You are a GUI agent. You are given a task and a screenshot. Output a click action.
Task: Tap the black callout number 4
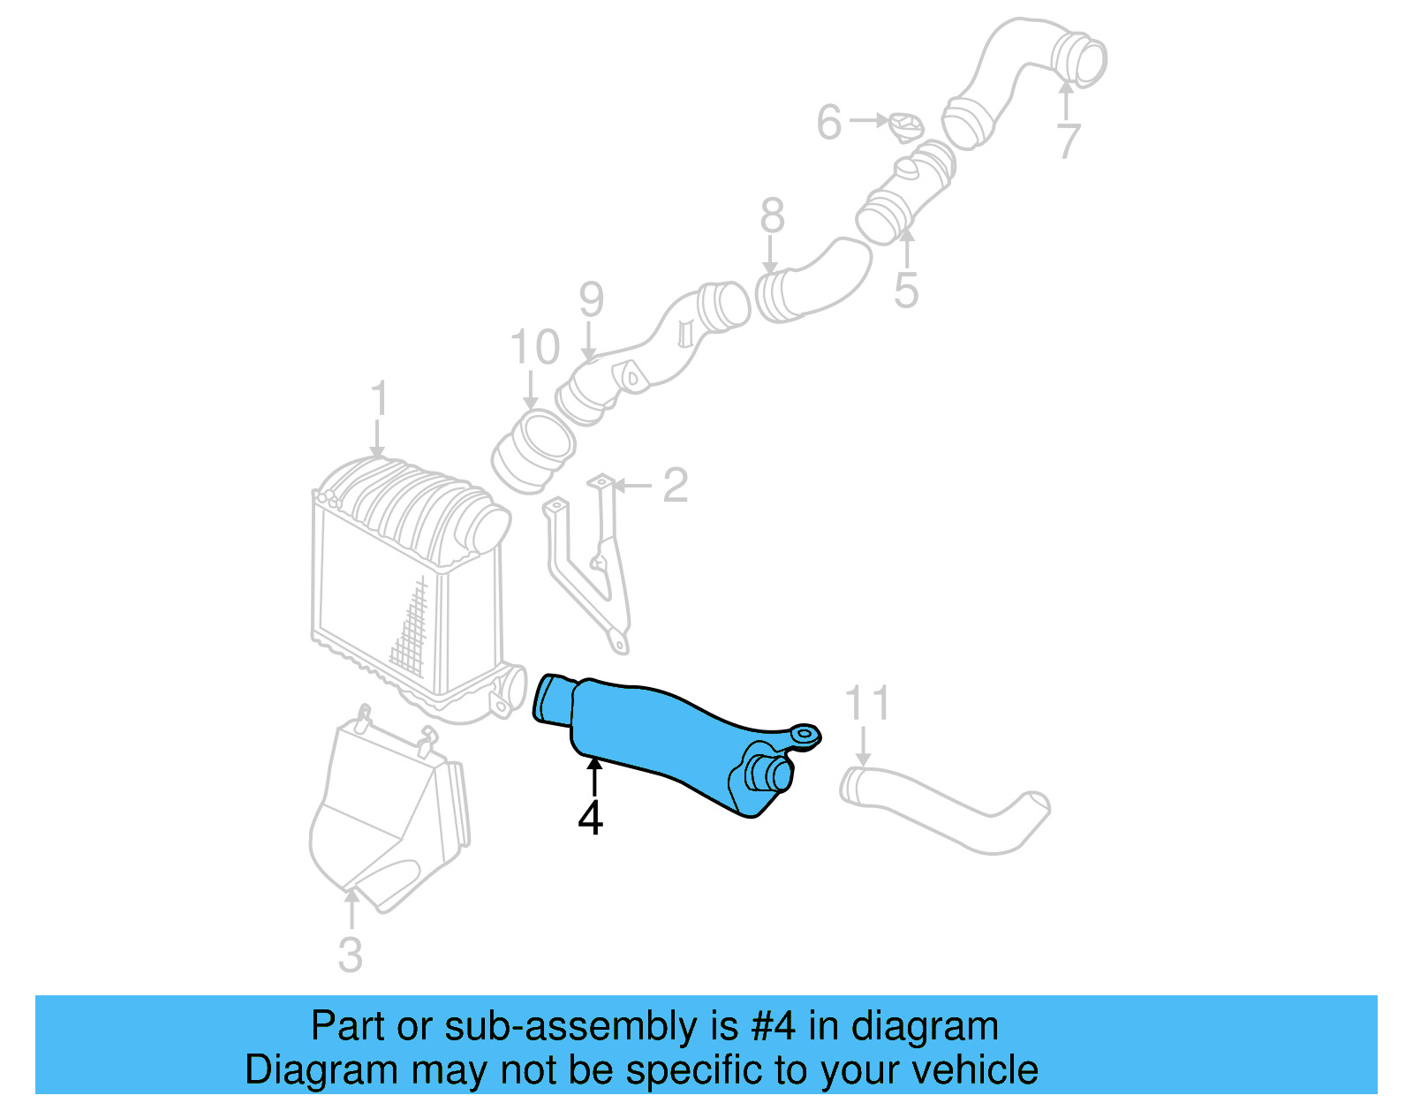pyautogui.click(x=590, y=817)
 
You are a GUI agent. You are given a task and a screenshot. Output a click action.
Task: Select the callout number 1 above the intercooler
pyautogui.click(x=379, y=399)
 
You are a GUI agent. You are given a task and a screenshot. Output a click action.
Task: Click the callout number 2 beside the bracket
pyautogui.click(x=675, y=486)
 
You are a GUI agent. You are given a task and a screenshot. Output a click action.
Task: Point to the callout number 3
pyautogui.click(x=351, y=955)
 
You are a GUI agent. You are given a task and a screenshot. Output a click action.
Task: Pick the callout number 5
pyautogui.click(x=906, y=291)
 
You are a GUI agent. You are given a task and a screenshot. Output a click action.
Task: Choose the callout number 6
pyautogui.click(x=828, y=122)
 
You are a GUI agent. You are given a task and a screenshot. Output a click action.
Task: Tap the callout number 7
pyautogui.click(x=1069, y=141)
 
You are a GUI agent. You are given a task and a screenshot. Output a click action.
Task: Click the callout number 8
pyautogui.click(x=772, y=216)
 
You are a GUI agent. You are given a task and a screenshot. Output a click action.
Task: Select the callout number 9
pyautogui.click(x=591, y=300)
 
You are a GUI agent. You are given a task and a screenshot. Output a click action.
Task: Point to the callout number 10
pyautogui.click(x=535, y=347)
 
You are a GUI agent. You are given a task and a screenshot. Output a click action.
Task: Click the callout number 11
pyautogui.click(x=867, y=704)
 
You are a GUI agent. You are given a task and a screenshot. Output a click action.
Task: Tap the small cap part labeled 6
pyautogui.click(x=906, y=127)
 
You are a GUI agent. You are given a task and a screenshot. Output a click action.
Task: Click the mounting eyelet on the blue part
pyautogui.click(x=805, y=734)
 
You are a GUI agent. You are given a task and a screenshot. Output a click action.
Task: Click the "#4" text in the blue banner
pyautogui.click(x=774, y=1026)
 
